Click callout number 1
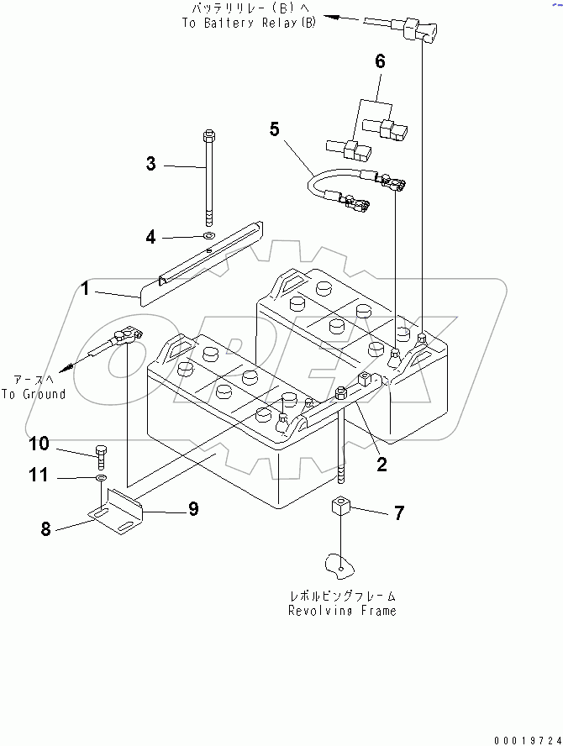(x=86, y=291)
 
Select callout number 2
(x=381, y=465)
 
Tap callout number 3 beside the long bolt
(x=151, y=165)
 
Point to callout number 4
(x=151, y=237)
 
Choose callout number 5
(x=274, y=129)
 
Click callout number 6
(x=380, y=61)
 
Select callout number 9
(x=192, y=508)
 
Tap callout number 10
(x=39, y=444)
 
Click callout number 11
(x=39, y=475)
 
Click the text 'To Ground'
(x=34, y=394)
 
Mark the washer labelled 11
(x=101, y=477)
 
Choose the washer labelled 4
(x=208, y=236)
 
